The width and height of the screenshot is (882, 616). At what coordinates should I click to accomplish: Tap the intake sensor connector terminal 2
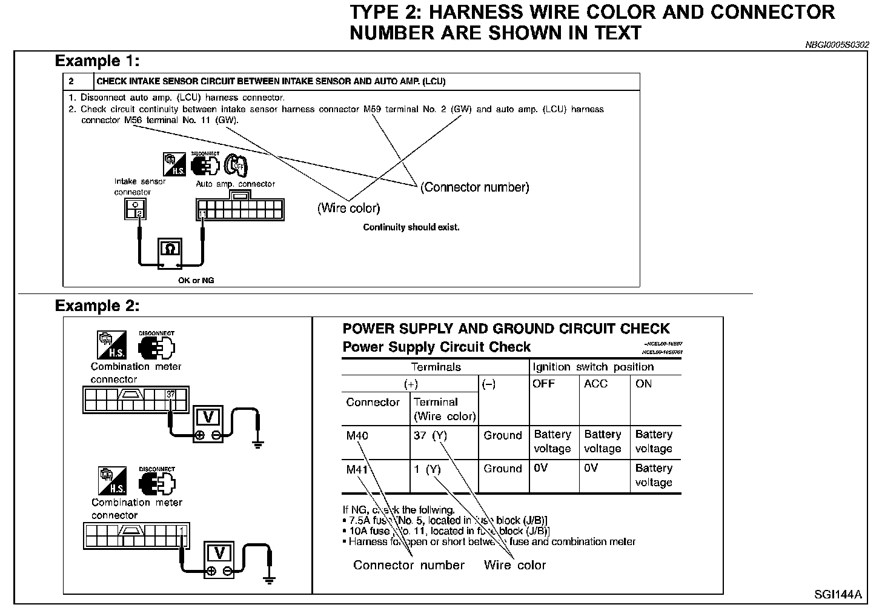coord(139,213)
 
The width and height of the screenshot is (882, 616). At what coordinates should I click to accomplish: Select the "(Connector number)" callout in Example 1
coord(475,187)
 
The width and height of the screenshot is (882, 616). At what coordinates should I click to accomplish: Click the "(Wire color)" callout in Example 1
coord(349,209)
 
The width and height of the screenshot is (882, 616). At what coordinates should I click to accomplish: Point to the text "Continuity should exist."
coord(411,227)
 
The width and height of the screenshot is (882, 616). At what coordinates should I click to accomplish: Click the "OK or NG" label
coord(196,281)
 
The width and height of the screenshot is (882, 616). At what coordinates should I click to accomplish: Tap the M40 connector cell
coord(357,435)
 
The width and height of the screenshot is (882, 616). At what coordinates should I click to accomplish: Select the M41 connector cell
coord(357,469)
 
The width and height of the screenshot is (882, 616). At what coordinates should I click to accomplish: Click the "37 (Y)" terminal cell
coord(430,435)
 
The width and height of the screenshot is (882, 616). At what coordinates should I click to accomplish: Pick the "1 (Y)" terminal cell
coord(427,469)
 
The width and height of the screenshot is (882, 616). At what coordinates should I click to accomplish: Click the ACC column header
coord(595,384)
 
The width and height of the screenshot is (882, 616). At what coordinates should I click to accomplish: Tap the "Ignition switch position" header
coord(593,367)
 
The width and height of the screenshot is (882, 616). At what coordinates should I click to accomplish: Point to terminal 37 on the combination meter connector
coord(171,395)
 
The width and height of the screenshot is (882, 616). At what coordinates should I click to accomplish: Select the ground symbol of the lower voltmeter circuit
coord(270,579)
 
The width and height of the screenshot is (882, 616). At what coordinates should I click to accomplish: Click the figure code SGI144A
coord(838,595)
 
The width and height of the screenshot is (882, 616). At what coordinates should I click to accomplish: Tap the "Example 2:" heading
coord(97,306)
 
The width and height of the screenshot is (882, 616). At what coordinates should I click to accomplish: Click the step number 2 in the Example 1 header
coord(71,81)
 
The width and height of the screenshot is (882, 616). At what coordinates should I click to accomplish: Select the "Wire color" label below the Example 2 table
coord(515,566)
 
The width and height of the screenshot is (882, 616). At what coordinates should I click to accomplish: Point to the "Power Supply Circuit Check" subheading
coord(436,347)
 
